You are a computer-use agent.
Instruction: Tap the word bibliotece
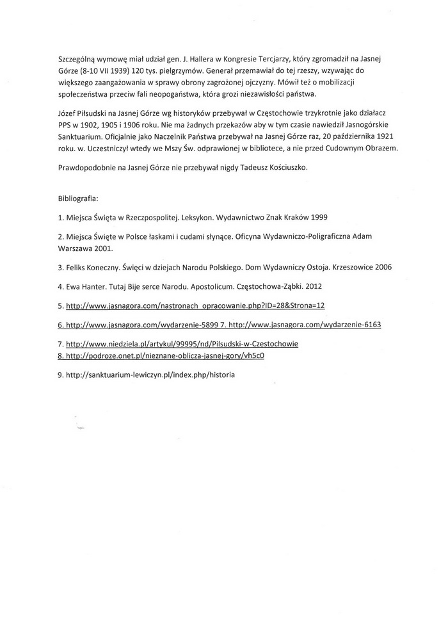click(282, 149)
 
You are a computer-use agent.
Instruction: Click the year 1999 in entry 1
click(334, 217)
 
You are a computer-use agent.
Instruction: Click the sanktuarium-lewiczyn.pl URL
click(150, 374)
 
